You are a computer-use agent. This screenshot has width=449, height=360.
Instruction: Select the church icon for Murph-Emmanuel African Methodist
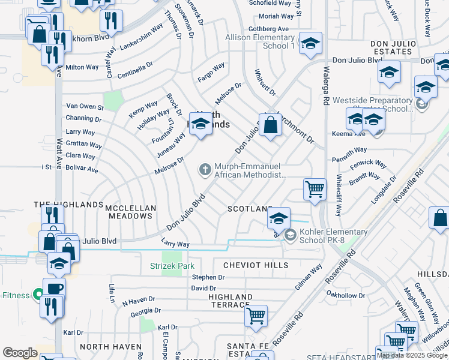(x=205, y=170)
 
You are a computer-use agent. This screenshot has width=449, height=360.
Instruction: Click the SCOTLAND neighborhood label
(x=250, y=209)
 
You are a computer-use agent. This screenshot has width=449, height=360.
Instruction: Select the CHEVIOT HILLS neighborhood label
(x=252, y=265)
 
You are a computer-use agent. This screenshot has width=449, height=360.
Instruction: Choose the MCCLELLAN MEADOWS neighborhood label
(x=131, y=212)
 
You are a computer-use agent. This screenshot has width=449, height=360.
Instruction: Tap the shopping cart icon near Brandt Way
(x=315, y=190)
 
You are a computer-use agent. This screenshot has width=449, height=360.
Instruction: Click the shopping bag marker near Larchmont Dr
(x=271, y=125)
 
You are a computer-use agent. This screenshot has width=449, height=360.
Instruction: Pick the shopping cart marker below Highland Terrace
(x=256, y=314)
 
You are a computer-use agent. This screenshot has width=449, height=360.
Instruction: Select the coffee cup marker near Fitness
(x=53, y=288)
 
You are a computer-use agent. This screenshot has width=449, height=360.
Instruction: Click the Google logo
(x=20, y=353)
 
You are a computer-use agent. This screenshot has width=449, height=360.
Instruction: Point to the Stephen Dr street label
(x=208, y=278)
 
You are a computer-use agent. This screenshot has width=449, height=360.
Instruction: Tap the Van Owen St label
(x=85, y=107)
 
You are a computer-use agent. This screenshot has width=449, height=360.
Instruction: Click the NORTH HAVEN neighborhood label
(x=110, y=347)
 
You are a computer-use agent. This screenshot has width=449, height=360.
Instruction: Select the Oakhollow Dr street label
(x=345, y=295)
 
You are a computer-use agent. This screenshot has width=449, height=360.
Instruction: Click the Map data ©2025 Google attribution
(x=412, y=355)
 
